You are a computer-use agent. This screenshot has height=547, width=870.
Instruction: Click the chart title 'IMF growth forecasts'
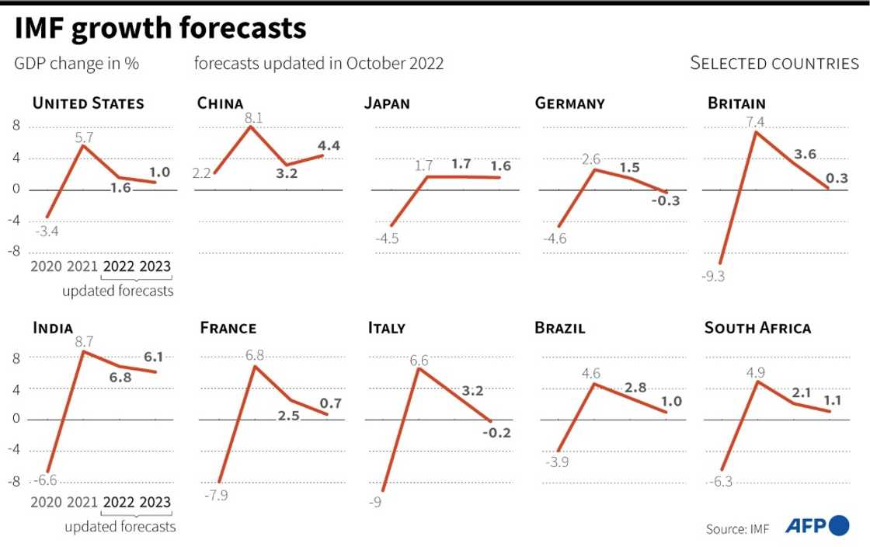pos(160,29)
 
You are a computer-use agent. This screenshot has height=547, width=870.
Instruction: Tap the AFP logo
pos(816,526)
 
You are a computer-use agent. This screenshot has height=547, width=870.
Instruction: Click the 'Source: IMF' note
pos(737,529)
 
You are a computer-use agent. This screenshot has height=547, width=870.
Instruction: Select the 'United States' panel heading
pos(88,103)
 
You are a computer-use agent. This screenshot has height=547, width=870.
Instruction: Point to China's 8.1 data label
pos(253,118)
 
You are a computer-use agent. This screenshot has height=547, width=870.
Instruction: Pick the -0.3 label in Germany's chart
pos(664,200)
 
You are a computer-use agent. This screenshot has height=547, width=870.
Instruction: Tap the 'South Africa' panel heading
pos(757,328)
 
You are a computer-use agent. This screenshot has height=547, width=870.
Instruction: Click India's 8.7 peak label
pos(83,340)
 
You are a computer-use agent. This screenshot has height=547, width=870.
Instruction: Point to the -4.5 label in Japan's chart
pos(386,239)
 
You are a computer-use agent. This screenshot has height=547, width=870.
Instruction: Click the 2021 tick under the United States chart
pos(82,267)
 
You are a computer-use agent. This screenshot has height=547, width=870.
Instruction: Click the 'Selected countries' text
pos(774,64)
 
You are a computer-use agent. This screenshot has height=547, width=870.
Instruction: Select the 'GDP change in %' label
pos(77,64)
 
